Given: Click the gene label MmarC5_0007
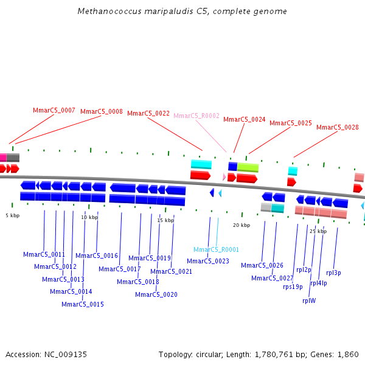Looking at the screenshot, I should tap(54, 111).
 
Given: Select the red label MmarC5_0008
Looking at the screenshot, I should tap(102, 112).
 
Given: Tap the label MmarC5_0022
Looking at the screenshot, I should tap(148, 113).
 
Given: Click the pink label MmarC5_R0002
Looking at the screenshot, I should tap(196, 116).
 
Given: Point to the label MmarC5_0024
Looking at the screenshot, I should tap(245, 120).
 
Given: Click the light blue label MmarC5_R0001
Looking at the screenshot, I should tap(217, 249).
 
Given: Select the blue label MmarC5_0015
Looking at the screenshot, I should tap(83, 304).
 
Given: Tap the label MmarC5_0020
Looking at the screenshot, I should tap(156, 294).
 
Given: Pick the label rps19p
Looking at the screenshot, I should tap(293, 287).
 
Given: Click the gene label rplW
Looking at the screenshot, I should tap(309, 300).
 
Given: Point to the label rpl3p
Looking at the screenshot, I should tap(333, 273).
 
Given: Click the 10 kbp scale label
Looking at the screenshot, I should tap(89, 217).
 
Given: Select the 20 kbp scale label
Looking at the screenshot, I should tap(242, 225).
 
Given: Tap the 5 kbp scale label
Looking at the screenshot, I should tap(13, 215).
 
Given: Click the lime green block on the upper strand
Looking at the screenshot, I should tap(248, 167).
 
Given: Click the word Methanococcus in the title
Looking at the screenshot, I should tap(105, 12).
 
